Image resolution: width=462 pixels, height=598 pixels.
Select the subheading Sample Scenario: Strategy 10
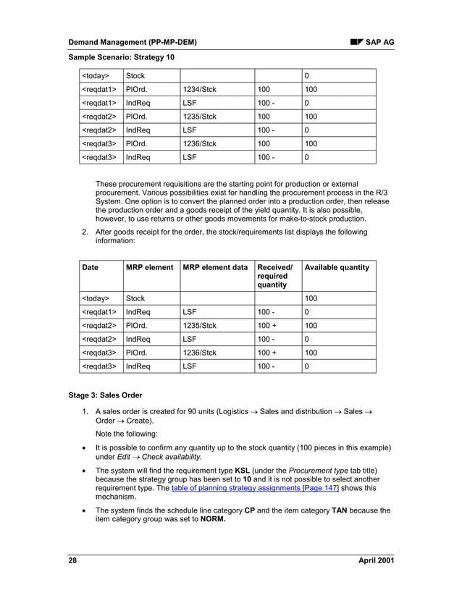121,56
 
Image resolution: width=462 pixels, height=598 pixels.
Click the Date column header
91,267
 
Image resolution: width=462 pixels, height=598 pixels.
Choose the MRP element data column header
215,267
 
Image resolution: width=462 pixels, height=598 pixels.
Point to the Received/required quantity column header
274,276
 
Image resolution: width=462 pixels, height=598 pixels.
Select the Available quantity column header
337,267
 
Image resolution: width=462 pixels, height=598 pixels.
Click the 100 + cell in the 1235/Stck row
269,325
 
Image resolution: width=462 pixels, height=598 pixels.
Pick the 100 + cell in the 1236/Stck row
269,353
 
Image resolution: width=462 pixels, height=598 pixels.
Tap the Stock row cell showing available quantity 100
312,298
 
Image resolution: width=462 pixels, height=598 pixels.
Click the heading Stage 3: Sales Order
105,396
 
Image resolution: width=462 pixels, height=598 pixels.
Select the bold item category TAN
340,510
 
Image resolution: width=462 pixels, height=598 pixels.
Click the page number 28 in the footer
73,562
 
